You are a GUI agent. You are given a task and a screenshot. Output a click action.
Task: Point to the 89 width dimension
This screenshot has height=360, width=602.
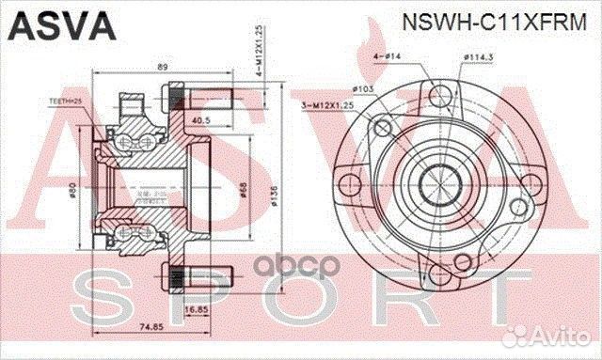(162, 69)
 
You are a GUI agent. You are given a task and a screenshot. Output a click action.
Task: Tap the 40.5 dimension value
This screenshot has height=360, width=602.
(200, 119)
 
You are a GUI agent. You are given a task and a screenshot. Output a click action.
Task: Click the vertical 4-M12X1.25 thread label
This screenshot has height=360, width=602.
(258, 57)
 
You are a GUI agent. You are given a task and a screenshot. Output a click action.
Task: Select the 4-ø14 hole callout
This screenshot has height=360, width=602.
(391, 55)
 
